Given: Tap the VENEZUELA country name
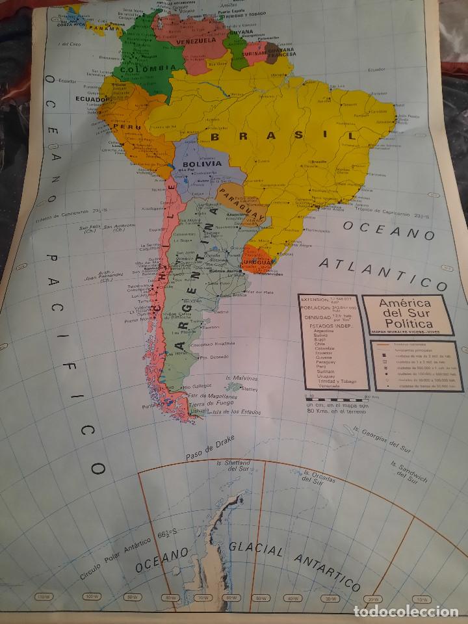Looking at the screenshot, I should click(x=193, y=40).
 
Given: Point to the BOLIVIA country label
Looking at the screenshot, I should click(x=201, y=164).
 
